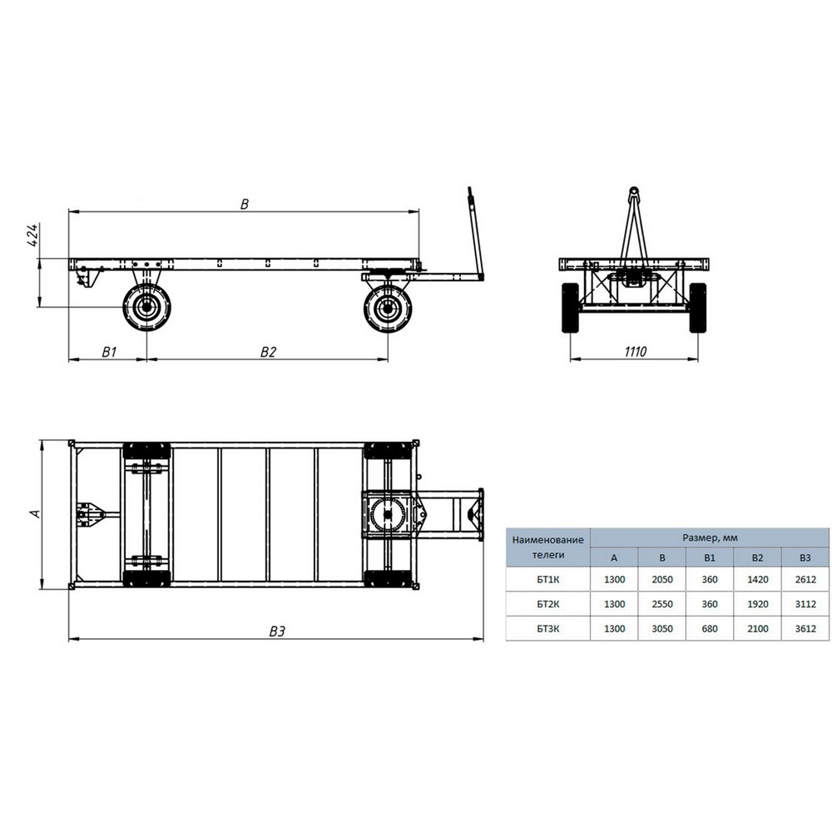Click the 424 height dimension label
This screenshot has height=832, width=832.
(x=33, y=235)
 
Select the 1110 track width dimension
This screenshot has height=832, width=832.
(x=635, y=352)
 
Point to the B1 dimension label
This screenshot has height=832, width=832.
(x=109, y=352)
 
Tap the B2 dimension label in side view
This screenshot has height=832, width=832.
(x=268, y=352)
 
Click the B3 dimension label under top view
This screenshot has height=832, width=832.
(x=277, y=631)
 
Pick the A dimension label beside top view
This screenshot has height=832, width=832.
(x=35, y=513)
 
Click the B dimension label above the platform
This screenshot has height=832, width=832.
(x=244, y=205)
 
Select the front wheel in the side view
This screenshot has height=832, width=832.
(x=388, y=309)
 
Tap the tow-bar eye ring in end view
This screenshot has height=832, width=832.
(x=633, y=191)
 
